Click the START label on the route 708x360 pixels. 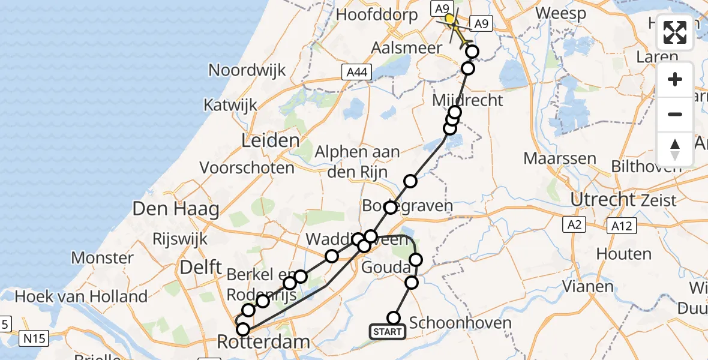(388, 332)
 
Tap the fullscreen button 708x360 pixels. (675, 32)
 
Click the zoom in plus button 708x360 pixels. (675, 80)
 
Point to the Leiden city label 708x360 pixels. (270, 142)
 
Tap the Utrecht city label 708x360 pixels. (602, 199)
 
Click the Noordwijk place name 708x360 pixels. (247, 70)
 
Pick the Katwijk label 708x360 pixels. (230, 105)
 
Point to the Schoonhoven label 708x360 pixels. (460, 323)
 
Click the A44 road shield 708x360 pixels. (355, 73)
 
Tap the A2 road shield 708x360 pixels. (574, 225)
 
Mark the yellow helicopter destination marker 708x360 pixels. (451, 19)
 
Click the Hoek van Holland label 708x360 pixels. (81, 296)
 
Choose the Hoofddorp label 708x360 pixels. (377, 16)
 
